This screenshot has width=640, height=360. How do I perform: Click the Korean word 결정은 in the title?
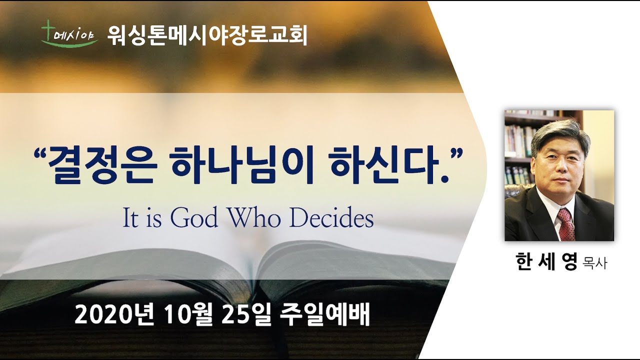click(102, 166)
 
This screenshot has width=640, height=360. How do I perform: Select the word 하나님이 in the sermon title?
click(241, 166)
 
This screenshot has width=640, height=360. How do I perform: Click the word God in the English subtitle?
click(194, 218)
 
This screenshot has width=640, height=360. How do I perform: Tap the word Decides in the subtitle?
click(331, 218)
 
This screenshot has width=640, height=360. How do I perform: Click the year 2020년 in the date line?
click(114, 314)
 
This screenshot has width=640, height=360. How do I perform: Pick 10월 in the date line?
click(188, 314)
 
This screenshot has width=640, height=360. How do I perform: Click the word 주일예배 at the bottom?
click(325, 314)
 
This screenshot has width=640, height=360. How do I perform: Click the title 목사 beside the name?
click(595, 263)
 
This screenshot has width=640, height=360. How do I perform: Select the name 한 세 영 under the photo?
click(546, 261)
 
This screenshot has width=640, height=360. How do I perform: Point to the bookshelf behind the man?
click(519, 148)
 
